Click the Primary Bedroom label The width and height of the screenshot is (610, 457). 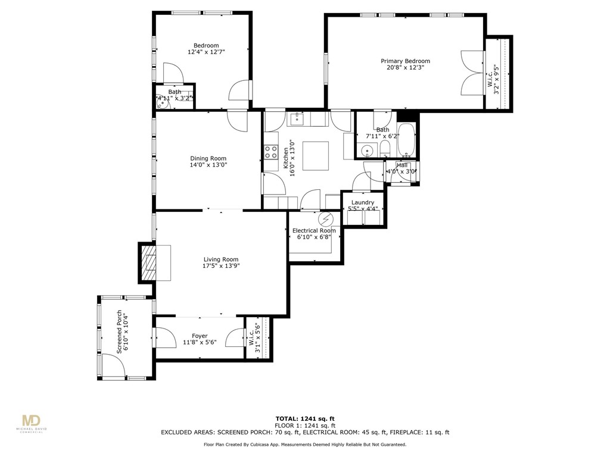[405, 61]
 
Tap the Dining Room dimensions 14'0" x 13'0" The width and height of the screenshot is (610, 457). [208, 165]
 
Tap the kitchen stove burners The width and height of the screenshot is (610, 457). [271, 152]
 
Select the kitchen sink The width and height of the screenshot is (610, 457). [296, 120]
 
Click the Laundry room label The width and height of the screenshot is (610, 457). [363, 203]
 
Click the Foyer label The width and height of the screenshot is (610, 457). [200, 336]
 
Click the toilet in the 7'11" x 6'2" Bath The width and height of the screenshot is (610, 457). [385, 147]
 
